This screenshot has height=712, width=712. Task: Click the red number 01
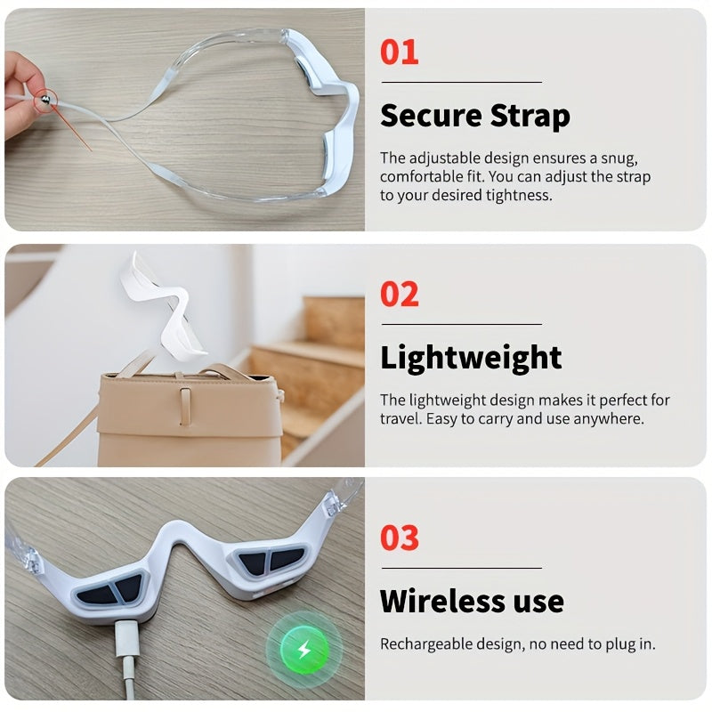click(x=399, y=53)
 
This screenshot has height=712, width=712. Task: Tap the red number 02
click(x=399, y=295)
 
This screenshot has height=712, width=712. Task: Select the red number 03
click(x=399, y=538)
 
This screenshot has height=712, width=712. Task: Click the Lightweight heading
click(x=471, y=358)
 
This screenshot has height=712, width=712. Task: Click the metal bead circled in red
click(x=45, y=99)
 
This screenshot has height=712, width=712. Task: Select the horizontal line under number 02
click(x=462, y=324)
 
